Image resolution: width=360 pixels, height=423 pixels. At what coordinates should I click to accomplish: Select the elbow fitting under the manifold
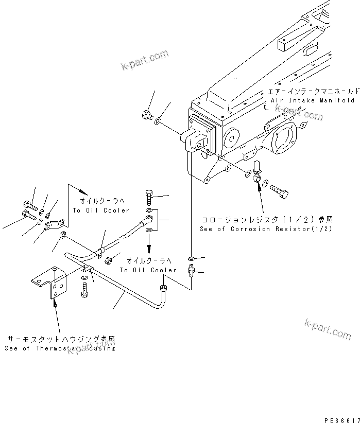(258, 171)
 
